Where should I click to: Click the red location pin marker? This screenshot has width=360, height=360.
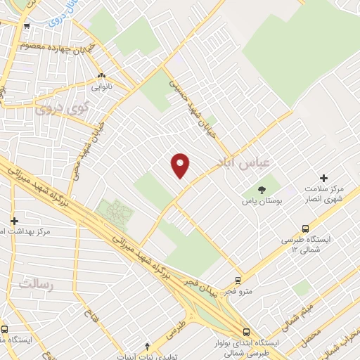click(x=181, y=165)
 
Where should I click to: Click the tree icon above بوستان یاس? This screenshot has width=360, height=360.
click(x=262, y=189)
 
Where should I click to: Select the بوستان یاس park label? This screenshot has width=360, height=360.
click(x=262, y=201)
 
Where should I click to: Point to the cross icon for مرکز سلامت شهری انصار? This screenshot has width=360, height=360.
click(x=323, y=178)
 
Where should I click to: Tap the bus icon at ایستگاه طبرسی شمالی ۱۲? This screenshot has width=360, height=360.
click(x=305, y=229)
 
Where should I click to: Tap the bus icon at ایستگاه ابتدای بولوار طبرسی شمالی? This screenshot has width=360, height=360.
click(x=245, y=332)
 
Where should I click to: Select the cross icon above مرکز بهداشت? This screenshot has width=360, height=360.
click(x=14, y=220)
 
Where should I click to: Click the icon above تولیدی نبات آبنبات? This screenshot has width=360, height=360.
click(x=147, y=346)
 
